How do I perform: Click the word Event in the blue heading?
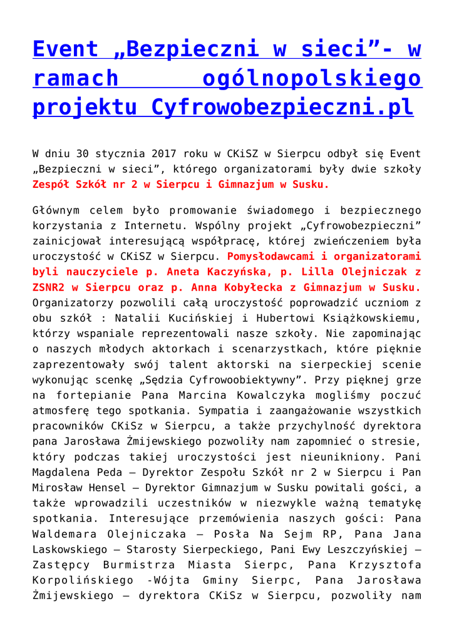(x=66, y=49)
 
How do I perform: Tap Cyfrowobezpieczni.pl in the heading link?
(x=282, y=107)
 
